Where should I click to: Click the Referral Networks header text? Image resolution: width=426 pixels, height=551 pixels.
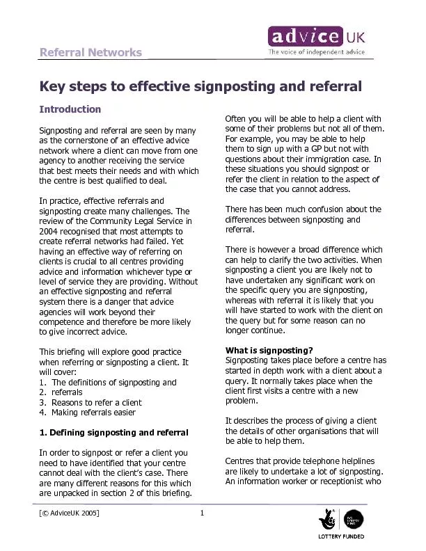point(90,53)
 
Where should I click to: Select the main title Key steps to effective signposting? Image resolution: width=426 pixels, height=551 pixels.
point(201,87)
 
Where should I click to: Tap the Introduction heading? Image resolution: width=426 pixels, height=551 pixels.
point(70,109)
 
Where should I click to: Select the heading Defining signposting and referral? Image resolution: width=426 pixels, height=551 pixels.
point(113,433)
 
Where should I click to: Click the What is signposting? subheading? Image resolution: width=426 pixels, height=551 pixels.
point(269,350)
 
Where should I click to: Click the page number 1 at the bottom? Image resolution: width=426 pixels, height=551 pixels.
point(200,513)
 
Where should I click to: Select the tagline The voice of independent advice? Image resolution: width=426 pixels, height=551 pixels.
point(317,51)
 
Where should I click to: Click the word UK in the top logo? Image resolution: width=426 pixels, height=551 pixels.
point(354,35)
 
